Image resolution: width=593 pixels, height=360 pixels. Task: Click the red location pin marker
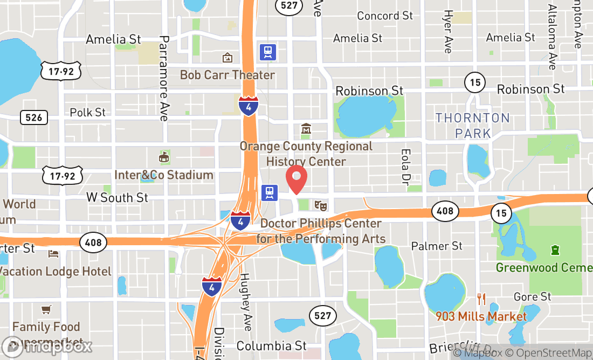coord(296,179)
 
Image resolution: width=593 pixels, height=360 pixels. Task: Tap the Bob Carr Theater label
coord(227,75)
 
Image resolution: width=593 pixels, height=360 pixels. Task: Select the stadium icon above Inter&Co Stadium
coord(163,157)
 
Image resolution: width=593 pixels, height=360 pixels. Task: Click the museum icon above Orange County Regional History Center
coord(306,129)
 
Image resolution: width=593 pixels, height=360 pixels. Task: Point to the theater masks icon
coord(320,205)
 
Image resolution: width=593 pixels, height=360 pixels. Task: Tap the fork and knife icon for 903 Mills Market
coord(481,299)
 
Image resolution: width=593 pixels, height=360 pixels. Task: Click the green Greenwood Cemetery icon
coord(554,251)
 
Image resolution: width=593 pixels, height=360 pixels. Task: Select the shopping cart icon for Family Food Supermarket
coord(46,309)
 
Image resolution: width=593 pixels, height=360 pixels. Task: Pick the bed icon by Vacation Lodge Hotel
coord(53,253)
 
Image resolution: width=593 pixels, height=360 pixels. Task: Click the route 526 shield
coord(33,117)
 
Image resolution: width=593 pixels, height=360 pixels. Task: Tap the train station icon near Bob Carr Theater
coord(268,52)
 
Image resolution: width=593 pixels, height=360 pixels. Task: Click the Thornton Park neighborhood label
coord(473,125)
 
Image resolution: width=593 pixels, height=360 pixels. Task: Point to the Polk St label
coord(88,113)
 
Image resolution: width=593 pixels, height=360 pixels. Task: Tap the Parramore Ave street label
coord(164,78)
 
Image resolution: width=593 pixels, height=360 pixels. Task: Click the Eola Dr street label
coord(405,165)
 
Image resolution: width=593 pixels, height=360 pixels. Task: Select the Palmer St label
coord(437,246)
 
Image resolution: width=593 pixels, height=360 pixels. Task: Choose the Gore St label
coord(533,297)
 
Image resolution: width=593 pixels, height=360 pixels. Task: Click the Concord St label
coord(385,16)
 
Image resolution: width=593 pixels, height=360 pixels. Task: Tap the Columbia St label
coord(272,345)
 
